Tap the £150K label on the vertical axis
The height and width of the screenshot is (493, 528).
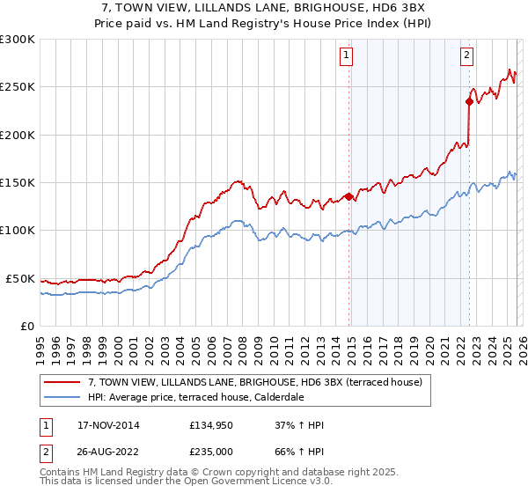pos(18,183)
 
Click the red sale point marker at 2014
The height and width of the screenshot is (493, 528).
pos(349,197)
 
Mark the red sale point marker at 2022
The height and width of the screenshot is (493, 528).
pos(469,101)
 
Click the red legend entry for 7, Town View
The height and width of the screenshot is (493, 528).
pos(255,382)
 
